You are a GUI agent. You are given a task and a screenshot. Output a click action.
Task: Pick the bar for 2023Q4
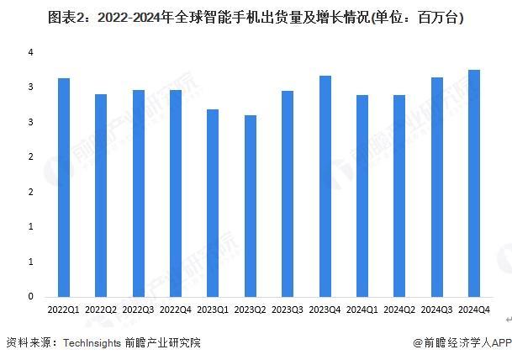(x=325, y=186)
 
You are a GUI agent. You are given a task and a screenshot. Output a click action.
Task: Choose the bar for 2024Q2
(x=399, y=195)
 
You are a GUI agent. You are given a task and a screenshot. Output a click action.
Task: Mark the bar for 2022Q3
(x=138, y=193)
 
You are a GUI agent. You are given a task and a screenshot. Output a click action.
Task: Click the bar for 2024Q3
(x=437, y=187)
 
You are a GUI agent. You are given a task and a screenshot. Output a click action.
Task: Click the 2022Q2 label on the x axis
(x=101, y=310)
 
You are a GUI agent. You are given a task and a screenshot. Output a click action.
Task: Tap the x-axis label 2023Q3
(x=288, y=310)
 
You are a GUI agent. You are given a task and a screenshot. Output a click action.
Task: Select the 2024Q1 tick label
(x=362, y=310)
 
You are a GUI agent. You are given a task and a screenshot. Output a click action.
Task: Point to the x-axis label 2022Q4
(x=176, y=310)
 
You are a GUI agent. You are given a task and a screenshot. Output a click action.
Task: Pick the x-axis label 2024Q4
(x=474, y=310)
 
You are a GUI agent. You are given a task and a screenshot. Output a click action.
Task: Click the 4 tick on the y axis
(x=30, y=52)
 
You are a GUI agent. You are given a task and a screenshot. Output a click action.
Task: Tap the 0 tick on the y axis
(x=30, y=296)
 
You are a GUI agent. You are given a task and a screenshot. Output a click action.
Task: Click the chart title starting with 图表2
(x=256, y=16)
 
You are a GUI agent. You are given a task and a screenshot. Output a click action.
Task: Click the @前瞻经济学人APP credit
(x=462, y=343)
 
